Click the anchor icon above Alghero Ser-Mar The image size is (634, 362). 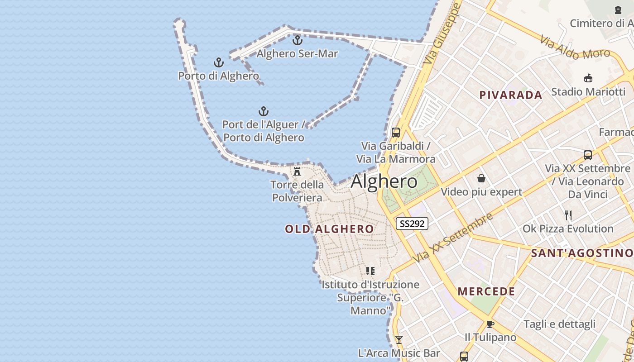[297, 40]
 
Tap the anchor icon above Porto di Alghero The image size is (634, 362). [219, 62]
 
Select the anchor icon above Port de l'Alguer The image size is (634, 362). [264, 111]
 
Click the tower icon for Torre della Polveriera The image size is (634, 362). [297, 171]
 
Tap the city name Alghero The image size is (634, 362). [384, 181]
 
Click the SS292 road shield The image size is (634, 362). [412, 224]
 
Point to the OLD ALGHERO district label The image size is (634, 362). [329, 229]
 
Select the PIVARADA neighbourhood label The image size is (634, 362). [511, 95]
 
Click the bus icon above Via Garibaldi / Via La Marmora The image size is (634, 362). [396, 133]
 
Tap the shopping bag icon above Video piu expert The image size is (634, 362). [481, 178]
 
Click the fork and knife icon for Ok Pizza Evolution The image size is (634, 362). [568, 215]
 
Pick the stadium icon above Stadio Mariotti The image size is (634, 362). [588, 78]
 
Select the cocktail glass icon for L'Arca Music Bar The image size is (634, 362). [399, 339]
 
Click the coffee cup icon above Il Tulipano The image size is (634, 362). [490, 324]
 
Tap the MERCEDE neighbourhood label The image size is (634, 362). [486, 291]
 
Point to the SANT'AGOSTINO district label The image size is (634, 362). [581, 253]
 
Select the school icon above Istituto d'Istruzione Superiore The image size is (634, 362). [370, 271]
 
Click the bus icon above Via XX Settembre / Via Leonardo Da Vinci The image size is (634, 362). [588, 155]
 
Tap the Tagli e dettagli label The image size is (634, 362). [559, 324]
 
